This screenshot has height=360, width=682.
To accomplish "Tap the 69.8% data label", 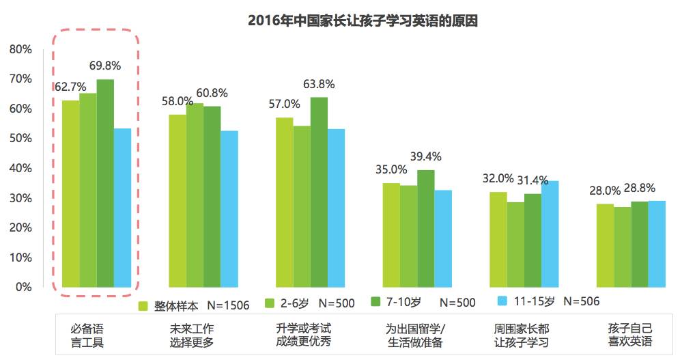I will [x=105, y=66].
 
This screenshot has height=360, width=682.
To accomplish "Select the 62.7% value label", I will [x=70, y=87].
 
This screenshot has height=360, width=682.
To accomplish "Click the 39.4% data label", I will [x=425, y=156].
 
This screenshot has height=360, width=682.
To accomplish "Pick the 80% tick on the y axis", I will [x=20, y=49].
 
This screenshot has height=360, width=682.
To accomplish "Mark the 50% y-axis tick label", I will [x=20, y=139].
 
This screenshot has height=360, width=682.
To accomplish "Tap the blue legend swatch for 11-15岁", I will [x=503, y=301].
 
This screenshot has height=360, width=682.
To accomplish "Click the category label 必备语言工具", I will [x=88, y=335].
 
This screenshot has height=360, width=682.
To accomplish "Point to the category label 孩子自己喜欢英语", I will [x=630, y=335].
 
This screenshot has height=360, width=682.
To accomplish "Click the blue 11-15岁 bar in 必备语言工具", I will [x=122, y=208].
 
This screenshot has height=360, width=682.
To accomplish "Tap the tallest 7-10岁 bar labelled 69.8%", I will [x=105, y=183].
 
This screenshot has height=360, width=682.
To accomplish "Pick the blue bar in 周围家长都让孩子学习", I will [x=550, y=234].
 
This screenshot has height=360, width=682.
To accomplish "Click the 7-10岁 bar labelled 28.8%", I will [x=640, y=244].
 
